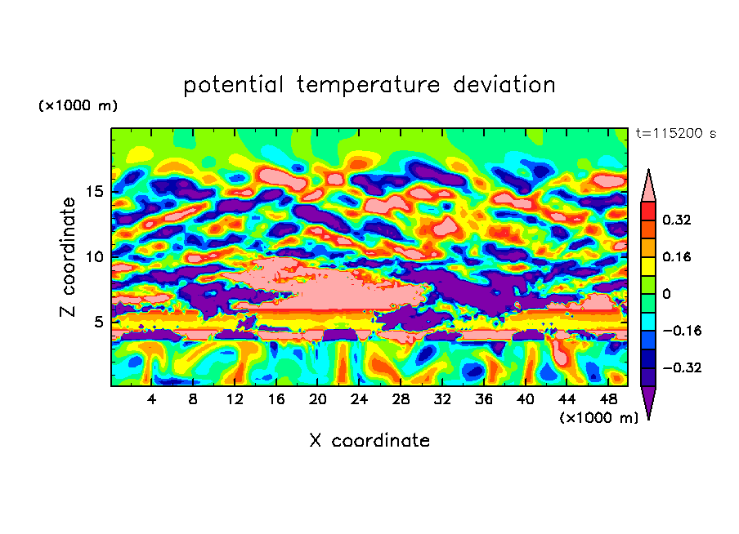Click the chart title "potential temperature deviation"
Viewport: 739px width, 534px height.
click(369, 85)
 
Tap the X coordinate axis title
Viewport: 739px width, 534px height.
click(369, 441)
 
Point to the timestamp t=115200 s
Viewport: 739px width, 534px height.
click(676, 134)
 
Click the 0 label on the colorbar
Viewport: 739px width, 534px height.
click(667, 294)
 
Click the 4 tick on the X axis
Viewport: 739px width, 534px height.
click(152, 400)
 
